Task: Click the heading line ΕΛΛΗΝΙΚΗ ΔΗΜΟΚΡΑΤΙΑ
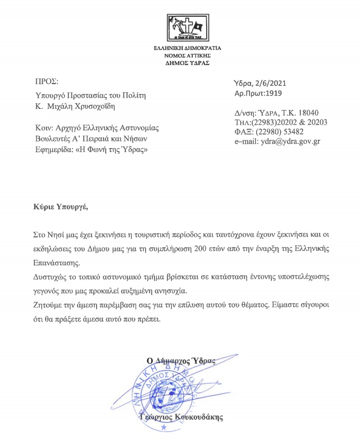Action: pyautogui.click(x=188, y=49)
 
